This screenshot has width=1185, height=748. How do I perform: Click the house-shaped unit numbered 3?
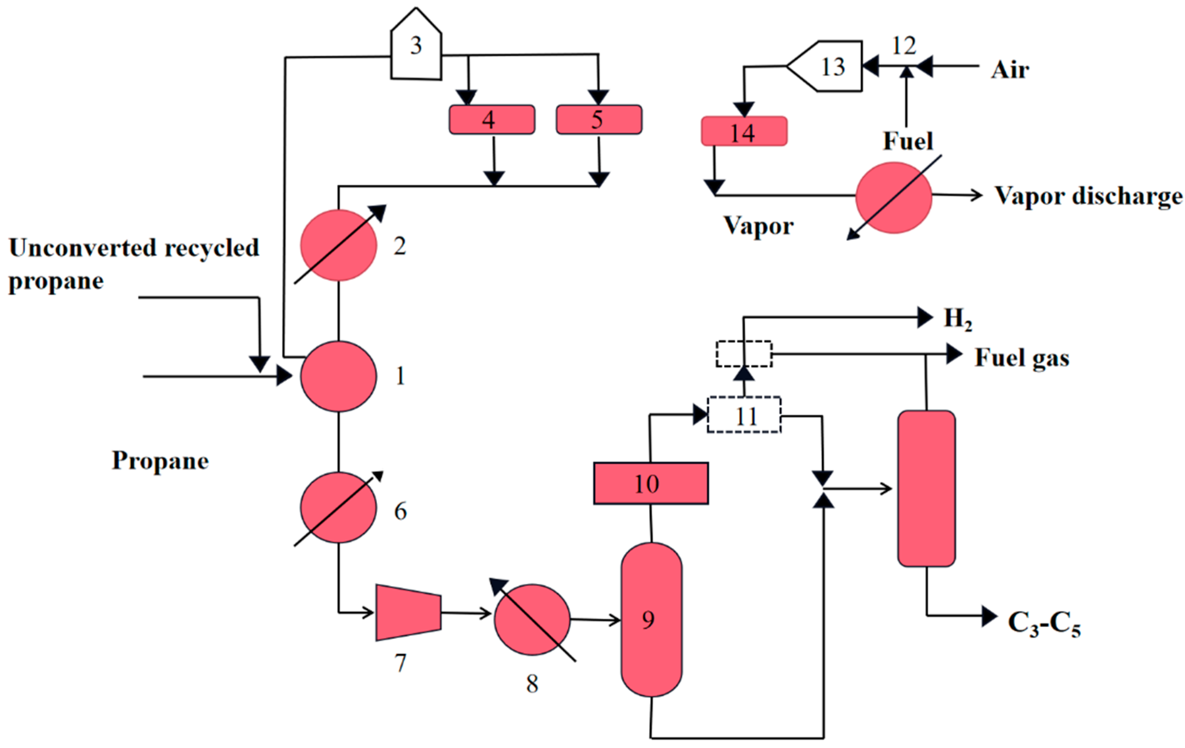click(x=416, y=47)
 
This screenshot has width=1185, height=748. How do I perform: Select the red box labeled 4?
click(x=492, y=119)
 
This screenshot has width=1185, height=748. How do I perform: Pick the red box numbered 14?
click(x=744, y=131)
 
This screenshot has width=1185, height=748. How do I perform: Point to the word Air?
click(x=1009, y=70)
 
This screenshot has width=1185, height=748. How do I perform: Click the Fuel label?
click(x=908, y=141)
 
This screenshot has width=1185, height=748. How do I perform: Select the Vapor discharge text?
click(x=1087, y=196)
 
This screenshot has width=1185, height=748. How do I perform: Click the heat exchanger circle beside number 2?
click(x=339, y=245)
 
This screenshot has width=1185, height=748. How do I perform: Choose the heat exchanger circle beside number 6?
click(x=339, y=508)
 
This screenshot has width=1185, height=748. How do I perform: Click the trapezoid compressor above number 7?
click(x=408, y=613)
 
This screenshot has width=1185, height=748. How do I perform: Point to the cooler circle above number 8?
click(x=532, y=619)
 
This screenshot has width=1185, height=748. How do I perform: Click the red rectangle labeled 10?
click(x=650, y=483)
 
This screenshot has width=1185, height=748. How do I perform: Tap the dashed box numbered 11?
click(x=744, y=415)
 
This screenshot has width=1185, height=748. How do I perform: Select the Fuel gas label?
click(x=1022, y=358)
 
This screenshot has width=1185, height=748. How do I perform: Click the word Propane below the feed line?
click(x=160, y=461)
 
